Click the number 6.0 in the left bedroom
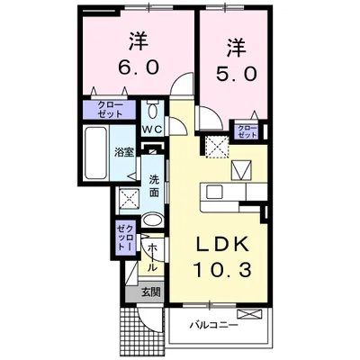click(138, 67)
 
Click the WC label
click(151, 129)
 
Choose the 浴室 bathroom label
click(123, 152)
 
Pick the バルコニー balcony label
click(213, 325)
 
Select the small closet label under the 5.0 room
click(246, 131)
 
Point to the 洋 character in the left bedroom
click(138, 40)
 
